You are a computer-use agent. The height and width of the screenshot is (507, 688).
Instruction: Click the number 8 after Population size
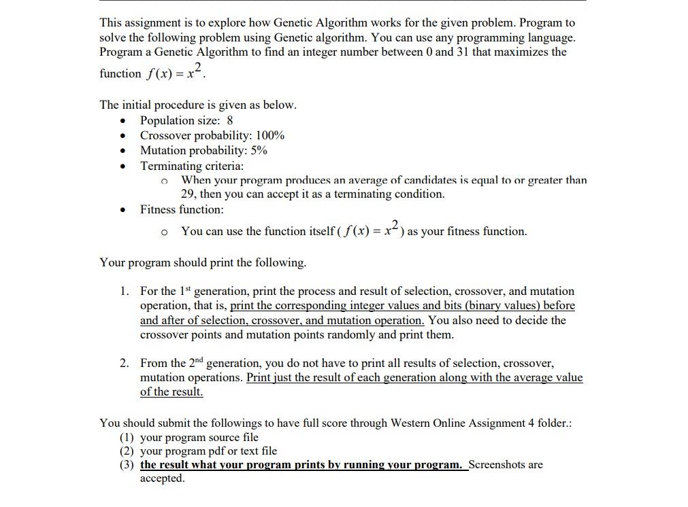pos(230,120)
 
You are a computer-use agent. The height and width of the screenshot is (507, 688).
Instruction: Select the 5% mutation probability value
pos(259,150)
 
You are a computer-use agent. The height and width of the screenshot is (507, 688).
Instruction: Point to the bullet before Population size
pos(122,121)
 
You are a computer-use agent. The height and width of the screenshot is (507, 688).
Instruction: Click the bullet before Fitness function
pos(122,210)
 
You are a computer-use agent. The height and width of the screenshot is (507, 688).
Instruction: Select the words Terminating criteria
pos(191,165)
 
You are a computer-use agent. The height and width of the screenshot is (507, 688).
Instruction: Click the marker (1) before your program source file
pos(127,437)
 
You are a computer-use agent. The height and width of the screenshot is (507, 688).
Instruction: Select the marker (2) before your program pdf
pos(127,451)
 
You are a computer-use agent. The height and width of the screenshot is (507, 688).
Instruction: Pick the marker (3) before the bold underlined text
pos(127,465)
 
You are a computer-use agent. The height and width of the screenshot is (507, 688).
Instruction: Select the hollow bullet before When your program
pos(164,181)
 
